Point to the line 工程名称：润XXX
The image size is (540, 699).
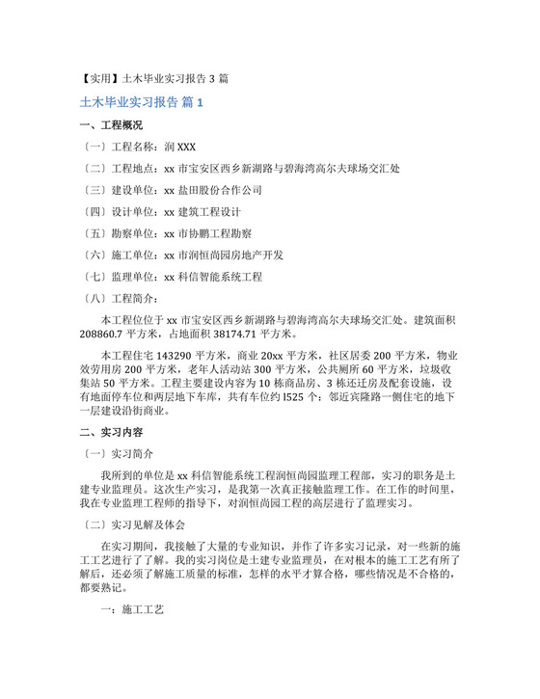point(141,147)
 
